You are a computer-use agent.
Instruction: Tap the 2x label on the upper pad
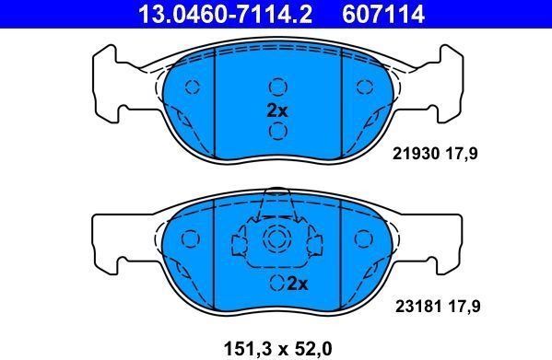tap(277, 109)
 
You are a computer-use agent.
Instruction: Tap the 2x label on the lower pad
tap(295, 283)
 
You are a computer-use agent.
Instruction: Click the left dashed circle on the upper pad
tap(193, 87)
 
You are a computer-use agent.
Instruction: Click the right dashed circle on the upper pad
tap(361, 87)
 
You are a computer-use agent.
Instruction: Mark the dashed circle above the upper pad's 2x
tap(277, 87)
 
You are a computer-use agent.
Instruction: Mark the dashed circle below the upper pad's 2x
tap(277, 130)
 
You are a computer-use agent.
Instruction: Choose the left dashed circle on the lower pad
tap(193, 238)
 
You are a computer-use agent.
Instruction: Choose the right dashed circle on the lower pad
tap(361, 238)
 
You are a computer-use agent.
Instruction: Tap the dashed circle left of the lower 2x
tap(276, 283)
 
